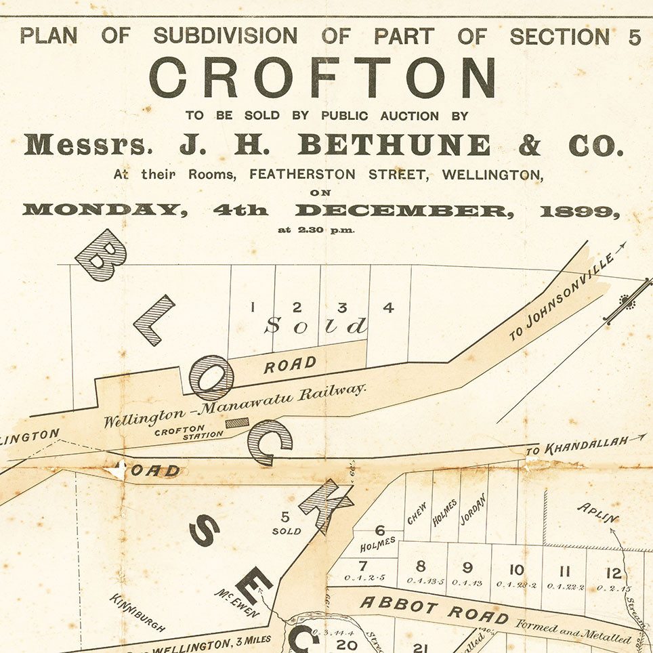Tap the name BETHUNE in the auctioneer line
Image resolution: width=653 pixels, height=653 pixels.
click(394, 144)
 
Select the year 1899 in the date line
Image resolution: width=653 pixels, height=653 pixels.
click(580, 210)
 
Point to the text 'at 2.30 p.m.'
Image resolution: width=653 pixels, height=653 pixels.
click(316, 230)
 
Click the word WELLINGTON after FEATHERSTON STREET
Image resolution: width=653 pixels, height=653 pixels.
click(492, 174)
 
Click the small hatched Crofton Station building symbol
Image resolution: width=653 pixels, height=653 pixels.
click(236, 423)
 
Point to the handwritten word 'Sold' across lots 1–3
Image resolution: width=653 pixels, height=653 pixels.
click(316, 326)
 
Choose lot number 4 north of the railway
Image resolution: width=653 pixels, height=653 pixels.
click(388, 308)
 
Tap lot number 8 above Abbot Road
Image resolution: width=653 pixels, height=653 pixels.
click(421, 566)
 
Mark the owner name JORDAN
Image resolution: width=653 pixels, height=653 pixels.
click(473, 509)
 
